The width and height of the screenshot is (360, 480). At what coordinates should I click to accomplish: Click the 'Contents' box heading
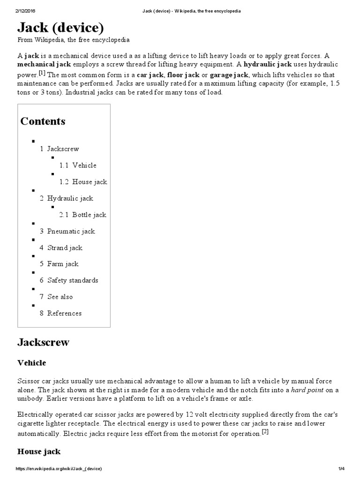coord(43,121)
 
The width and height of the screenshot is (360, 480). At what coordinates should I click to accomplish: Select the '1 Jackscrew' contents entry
coord(60,149)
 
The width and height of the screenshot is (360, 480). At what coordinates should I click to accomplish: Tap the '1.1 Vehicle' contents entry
coord(78,165)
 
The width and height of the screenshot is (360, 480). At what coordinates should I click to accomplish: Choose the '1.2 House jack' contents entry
coord(83,182)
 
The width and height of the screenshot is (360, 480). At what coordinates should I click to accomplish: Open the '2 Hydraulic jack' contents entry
coord(67,198)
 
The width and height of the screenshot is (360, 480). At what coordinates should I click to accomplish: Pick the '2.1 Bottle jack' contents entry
coord(82,215)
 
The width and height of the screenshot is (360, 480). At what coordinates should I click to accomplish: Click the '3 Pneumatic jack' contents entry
coord(67,231)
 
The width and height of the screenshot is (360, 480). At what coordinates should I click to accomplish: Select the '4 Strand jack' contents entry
coord(61,247)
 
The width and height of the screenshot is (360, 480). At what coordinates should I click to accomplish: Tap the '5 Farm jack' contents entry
coord(59,264)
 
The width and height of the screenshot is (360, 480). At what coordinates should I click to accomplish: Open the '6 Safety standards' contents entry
coord(69,280)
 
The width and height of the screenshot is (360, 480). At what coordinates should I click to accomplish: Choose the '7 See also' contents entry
coord(56,297)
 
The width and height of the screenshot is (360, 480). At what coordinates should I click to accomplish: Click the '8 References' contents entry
coord(60,313)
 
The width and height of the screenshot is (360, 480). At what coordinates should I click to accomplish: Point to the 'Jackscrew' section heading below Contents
coord(43,342)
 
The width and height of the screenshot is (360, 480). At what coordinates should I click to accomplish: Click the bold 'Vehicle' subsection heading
coord(31,363)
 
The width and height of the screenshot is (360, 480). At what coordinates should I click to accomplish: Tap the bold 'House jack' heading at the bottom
coord(39,452)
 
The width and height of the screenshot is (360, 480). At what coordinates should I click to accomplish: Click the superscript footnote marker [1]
coord(42,73)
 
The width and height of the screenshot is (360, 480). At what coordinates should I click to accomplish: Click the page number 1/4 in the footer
coord(341,469)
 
